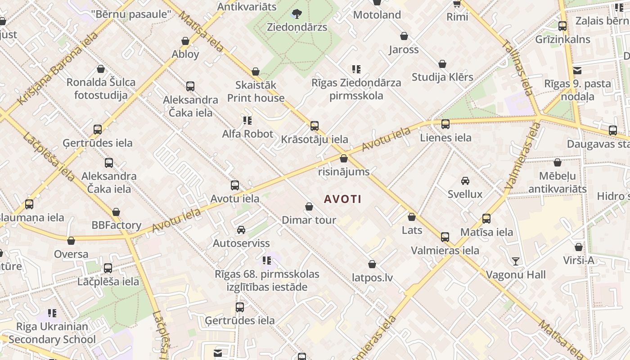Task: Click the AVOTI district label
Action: pyautogui.click(x=342, y=199)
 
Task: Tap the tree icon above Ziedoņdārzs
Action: pyautogui.click(x=297, y=14)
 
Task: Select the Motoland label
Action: pyautogui.click(x=377, y=15)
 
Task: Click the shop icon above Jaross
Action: pyautogui.click(x=404, y=36)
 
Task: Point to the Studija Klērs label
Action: pyautogui.click(x=442, y=77)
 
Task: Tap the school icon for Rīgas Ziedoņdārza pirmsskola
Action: pyautogui.click(x=356, y=69)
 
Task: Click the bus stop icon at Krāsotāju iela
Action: pyautogui.click(x=315, y=126)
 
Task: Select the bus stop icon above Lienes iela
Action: pyautogui.click(x=445, y=124)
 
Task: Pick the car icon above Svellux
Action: pyautogui.click(x=465, y=181)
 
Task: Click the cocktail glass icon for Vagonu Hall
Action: pyautogui.click(x=516, y=261)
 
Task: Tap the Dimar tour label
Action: pyautogui.click(x=309, y=220)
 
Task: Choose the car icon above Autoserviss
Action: pyautogui.click(x=241, y=230)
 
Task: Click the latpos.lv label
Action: pyautogui.click(x=372, y=278)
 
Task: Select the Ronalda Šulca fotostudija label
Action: pyautogui.click(x=101, y=89)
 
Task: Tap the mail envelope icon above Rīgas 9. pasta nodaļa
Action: pyautogui.click(x=577, y=70)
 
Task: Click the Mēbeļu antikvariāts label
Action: pyautogui.click(x=557, y=182)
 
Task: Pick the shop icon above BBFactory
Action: pyautogui.click(x=116, y=212)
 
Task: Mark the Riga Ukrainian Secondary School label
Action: pyautogui.click(x=52, y=333)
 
